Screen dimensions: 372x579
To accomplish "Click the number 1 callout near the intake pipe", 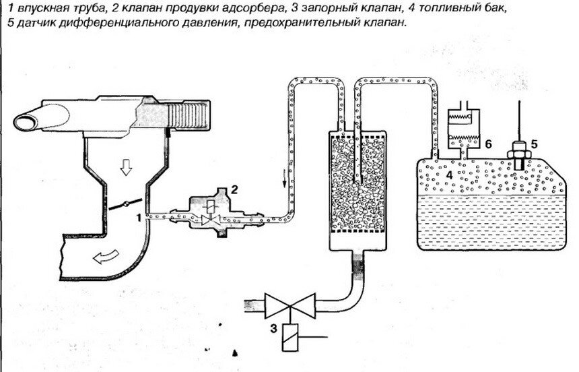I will pyautogui.click(x=138, y=217).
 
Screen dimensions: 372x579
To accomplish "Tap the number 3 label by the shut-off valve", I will pyautogui.click(x=273, y=330).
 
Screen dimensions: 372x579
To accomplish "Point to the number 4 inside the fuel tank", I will pyautogui.click(x=447, y=175).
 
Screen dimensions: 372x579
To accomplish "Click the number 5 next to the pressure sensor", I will pyautogui.click(x=534, y=143).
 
